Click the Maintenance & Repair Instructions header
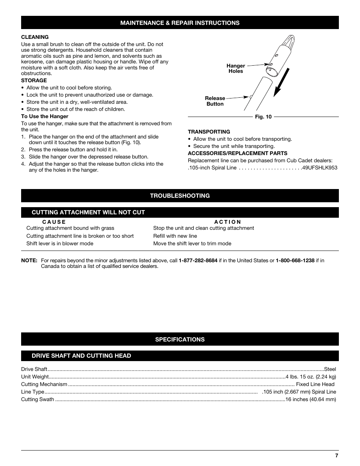(180, 23)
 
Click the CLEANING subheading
(35, 37)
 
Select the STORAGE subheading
(34, 80)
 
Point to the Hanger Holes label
(235, 68)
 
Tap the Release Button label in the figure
(215, 101)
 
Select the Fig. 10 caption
(263, 117)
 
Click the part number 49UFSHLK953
(319, 168)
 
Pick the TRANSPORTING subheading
(209, 132)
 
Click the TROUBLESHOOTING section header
(180, 195)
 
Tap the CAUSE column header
(54, 222)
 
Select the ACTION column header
(228, 222)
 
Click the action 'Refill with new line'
(175, 236)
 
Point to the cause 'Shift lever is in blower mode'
(60, 243)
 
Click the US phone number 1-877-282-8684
(198, 260)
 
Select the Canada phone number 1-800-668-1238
(295, 260)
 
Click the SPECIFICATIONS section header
(180, 339)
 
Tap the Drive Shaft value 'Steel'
(330, 369)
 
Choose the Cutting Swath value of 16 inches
(311, 399)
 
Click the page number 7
(337, 455)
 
